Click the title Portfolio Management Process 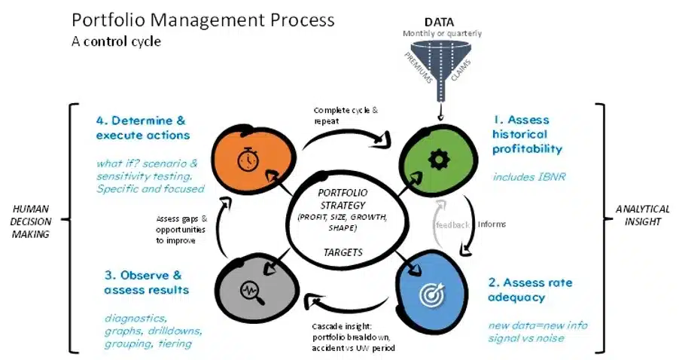pyautogui.click(x=203, y=20)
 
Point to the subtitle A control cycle pyautogui.click(x=116, y=41)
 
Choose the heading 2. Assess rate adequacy pyautogui.click(x=530, y=290)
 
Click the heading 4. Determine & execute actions pyautogui.click(x=142, y=127)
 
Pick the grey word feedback pyautogui.click(x=452, y=224)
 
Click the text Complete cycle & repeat pyautogui.click(x=346, y=115)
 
